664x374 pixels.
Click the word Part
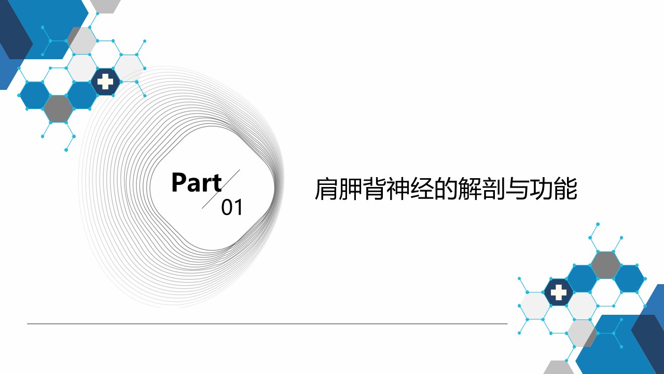point(197,182)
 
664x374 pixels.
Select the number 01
point(232,207)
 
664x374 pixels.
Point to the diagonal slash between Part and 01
point(221,189)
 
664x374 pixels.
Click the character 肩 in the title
point(326,189)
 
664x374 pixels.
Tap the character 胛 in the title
point(350,189)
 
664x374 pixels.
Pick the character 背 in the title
point(374,189)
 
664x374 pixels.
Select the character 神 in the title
point(398,189)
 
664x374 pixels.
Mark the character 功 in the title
point(542,189)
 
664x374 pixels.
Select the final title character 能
point(565,189)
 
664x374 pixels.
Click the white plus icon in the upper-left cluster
point(105,82)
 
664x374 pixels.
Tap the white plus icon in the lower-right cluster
point(559,292)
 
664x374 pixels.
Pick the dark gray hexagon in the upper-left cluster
point(59,109)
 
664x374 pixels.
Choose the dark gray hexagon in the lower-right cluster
point(605,265)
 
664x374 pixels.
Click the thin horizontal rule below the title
point(267,324)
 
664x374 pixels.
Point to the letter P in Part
point(179,182)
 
